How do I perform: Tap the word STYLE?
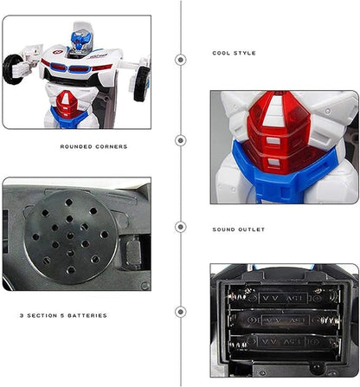click(245, 54)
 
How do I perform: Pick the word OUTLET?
click(250, 229)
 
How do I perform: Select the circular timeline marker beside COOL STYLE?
click(180, 60)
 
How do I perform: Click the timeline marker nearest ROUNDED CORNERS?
click(180, 139)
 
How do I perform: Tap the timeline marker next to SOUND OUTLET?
click(180, 228)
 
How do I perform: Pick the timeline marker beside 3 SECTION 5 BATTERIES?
click(180, 311)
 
